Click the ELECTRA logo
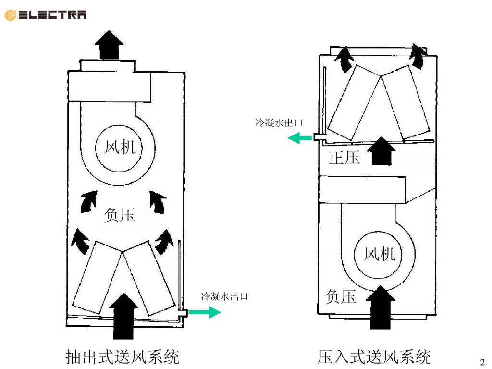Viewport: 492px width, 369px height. [x=46, y=15]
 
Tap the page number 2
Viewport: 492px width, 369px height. [x=483, y=361]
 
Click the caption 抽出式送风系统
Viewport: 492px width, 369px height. [x=123, y=357]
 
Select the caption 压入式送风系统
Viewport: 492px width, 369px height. [x=374, y=357]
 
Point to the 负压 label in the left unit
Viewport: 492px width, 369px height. [x=120, y=215]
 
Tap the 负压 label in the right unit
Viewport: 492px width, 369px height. [x=341, y=296]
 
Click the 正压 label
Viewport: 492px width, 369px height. [x=344, y=157]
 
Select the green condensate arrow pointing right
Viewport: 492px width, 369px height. [x=204, y=313]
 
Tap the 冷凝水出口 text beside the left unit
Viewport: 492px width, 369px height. [x=224, y=296]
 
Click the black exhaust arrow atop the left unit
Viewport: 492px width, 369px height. [x=109, y=45]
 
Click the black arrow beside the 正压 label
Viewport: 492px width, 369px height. [x=382, y=151]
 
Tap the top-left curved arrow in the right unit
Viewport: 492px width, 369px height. [x=344, y=59]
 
